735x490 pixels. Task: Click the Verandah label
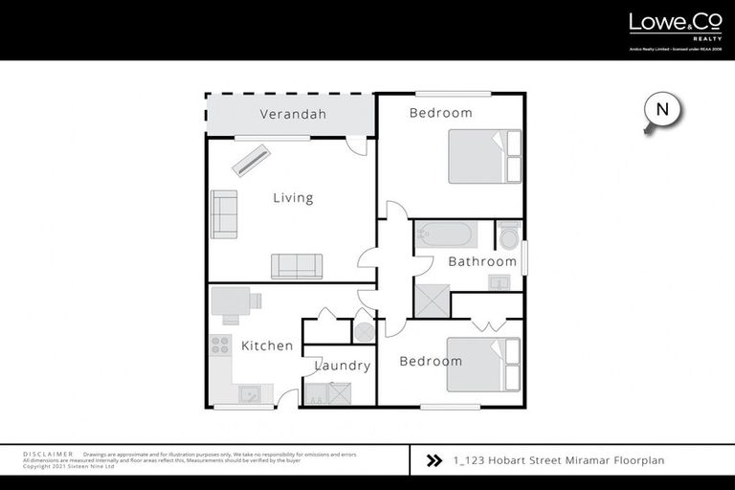pos(293,115)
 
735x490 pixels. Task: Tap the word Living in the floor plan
pos(293,198)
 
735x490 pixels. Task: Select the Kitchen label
pos(267,345)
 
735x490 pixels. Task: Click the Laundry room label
pos(343,366)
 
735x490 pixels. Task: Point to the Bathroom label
pos(482,261)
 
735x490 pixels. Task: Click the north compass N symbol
pos(661,110)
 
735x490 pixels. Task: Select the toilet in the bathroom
pos(508,234)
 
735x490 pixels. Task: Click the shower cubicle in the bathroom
pos(432,302)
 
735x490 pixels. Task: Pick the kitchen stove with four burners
pos(220,345)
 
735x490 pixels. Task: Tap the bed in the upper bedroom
pos(485,156)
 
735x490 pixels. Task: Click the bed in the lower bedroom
pos(484,365)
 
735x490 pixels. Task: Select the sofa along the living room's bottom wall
pos(297,266)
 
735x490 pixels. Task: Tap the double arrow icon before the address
pos(434,460)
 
